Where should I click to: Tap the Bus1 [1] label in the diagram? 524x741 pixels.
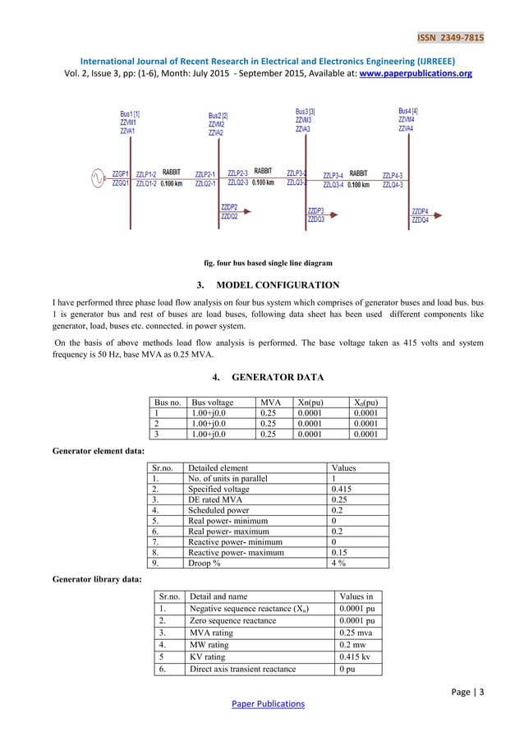click(130, 114)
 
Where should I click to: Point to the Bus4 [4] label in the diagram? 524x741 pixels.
click(408, 111)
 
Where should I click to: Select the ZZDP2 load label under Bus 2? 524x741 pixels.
click(229, 208)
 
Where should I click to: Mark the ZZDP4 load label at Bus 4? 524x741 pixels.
click(420, 212)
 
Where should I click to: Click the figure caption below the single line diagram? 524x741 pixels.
click(267, 263)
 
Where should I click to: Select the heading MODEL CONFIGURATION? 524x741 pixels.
click(278, 286)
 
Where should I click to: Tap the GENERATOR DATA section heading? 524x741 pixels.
click(278, 378)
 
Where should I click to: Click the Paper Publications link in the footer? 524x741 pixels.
click(267, 704)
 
